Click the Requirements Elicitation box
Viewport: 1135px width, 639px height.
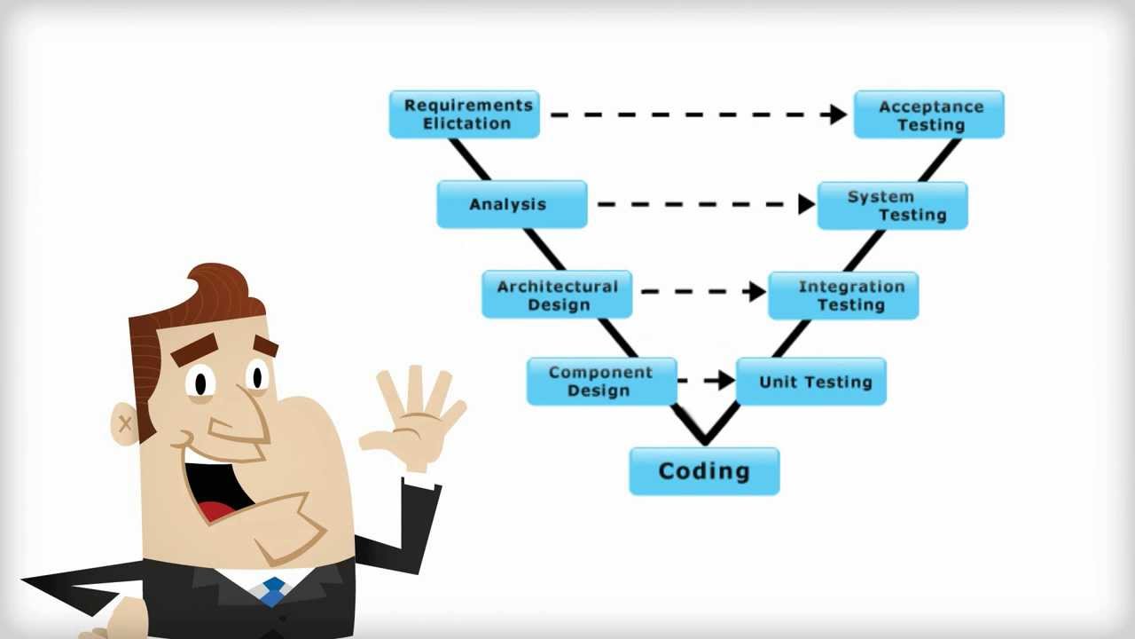(464, 114)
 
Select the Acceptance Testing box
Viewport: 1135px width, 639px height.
(928, 115)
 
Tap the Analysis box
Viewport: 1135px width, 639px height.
(512, 204)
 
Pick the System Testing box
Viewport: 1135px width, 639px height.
(892, 206)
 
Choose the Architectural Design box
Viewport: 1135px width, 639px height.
(557, 295)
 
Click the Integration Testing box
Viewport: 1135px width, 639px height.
(842, 296)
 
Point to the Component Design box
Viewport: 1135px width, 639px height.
(601, 382)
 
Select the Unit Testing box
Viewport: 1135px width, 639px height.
(811, 382)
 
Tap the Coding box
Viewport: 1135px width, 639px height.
(704, 471)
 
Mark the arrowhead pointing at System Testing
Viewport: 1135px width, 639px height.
(806, 204)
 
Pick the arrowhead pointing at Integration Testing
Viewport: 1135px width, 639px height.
(756, 291)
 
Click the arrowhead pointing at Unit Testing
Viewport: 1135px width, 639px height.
(725, 380)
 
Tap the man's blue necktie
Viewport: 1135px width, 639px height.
(274, 590)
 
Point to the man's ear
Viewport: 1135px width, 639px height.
(125, 422)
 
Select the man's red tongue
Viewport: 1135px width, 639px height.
(215, 510)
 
